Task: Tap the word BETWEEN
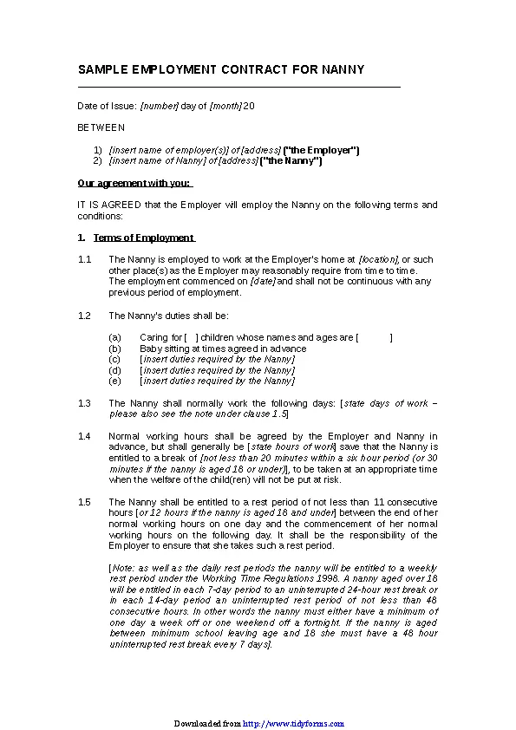coord(101,127)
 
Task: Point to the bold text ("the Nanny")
coord(291,160)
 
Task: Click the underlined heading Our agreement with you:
coord(134,183)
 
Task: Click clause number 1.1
coord(84,259)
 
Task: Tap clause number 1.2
coord(84,316)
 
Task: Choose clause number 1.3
coord(84,403)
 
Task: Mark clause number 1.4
coord(84,436)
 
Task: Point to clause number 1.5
coord(84,502)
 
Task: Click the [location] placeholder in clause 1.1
coord(378,259)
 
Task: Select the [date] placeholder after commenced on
coord(263,281)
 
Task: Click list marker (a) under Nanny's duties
coord(114,337)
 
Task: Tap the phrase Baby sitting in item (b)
coord(162,348)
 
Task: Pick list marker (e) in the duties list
coord(114,381)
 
